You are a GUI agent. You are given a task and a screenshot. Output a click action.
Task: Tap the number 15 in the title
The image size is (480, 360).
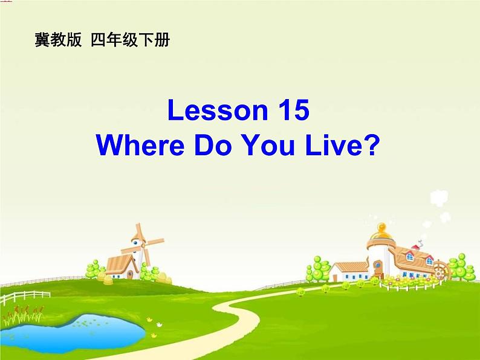click(293, 111)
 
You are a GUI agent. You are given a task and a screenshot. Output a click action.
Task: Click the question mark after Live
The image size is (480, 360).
click(370, 146)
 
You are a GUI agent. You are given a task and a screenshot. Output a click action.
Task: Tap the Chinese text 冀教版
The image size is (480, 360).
click(58, 41)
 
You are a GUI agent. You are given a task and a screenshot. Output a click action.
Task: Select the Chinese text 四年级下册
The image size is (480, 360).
click(131, 41)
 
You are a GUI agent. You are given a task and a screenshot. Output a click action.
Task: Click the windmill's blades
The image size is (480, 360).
click(143, 242)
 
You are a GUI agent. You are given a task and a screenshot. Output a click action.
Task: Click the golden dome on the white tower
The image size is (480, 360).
click(381, 230)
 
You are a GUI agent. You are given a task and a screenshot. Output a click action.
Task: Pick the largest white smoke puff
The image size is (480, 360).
click(438, 199)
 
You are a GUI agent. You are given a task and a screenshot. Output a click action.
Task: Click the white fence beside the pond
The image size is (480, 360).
click(24, 297)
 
